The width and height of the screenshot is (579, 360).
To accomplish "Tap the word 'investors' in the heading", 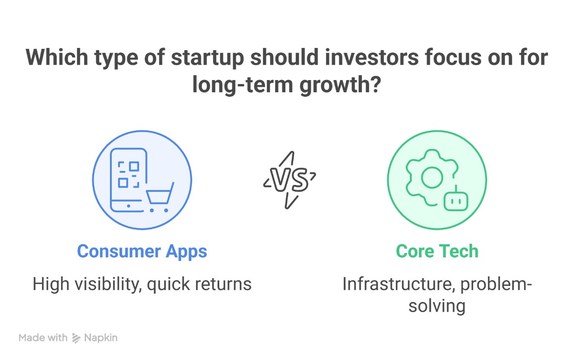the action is (372, 57).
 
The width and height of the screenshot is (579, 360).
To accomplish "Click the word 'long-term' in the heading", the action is (242, 84).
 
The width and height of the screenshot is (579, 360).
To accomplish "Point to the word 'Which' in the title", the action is (57, 57).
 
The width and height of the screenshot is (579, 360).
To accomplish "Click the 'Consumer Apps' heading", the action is (142, 251).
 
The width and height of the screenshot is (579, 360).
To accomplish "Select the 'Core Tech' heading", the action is (437, 251).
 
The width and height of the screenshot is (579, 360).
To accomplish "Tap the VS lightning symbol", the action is (289, 180).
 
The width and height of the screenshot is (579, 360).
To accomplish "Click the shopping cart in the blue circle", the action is (160, 198).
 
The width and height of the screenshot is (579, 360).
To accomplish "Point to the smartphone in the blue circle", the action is (128, 180).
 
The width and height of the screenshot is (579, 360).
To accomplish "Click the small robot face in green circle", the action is (456, 201).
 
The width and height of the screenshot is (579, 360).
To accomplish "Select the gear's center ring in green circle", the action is (432, 178).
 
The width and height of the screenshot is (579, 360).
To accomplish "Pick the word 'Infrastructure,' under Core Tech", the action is (399, 284).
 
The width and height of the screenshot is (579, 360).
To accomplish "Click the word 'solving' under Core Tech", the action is (437, 306).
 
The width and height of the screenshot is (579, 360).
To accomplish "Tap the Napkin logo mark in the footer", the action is (76, 338).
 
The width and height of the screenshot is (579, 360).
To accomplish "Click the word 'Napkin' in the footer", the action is (101, 338).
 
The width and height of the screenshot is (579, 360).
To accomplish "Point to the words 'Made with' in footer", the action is (43, 338).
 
